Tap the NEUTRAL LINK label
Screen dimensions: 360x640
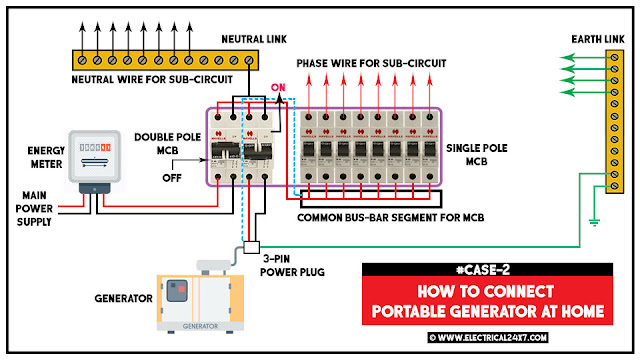pos(251,39)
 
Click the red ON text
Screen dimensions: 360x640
pos(279,88)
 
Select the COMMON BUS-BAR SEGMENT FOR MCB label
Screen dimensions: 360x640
pos(399,215)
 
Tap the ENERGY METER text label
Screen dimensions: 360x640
pos(29,157)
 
